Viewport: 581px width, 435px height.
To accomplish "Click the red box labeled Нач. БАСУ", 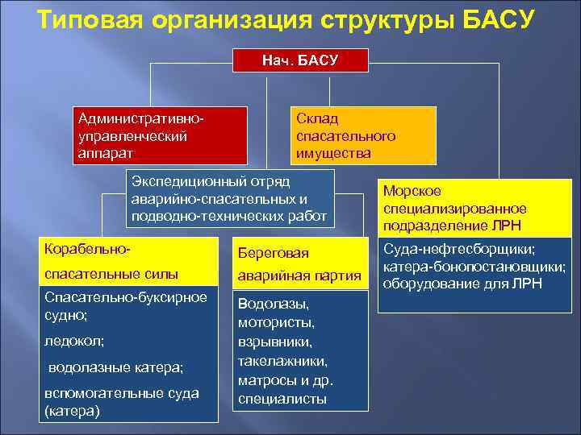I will [300, 61].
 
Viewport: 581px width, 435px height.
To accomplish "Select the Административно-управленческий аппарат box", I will [158, 135].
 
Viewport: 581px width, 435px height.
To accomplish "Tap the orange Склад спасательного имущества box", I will [362, 135].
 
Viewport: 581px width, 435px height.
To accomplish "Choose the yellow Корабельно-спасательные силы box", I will [130, 260].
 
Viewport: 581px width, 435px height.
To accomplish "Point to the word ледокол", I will [75, 341].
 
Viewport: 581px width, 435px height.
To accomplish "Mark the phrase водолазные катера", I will [115, 367].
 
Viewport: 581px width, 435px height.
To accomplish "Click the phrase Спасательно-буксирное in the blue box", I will [126, 297].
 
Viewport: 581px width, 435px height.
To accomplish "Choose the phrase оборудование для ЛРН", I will [462, 284].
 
